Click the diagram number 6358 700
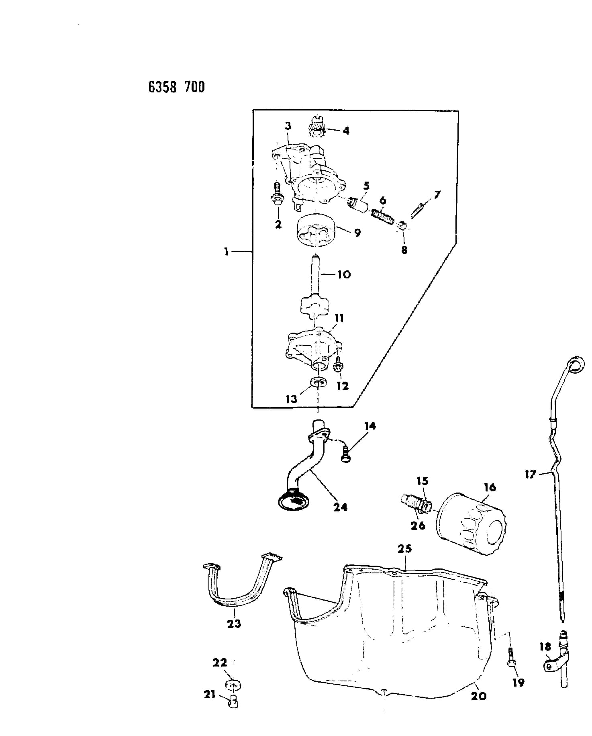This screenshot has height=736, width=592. (176, 87)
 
